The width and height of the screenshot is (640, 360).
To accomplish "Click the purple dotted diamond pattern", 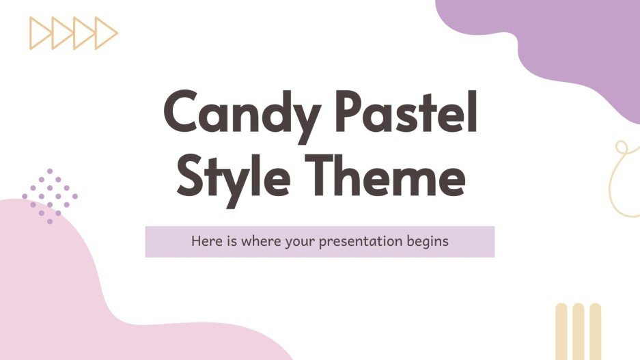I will pos(49,196).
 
